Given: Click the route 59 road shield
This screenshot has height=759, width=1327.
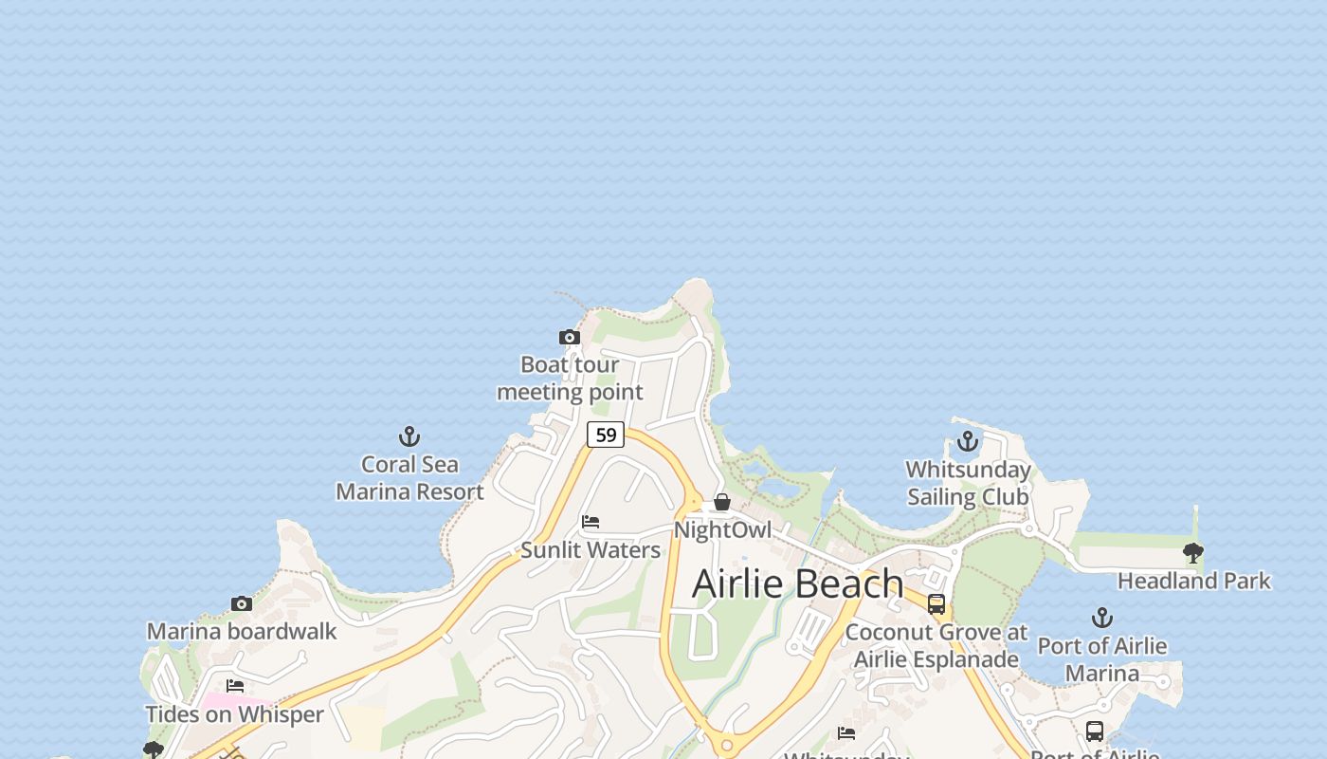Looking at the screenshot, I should point(606,435).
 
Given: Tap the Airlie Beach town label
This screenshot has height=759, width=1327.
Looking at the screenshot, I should point(797,583).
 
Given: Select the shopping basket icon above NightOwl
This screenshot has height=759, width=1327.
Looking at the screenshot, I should point(722,502).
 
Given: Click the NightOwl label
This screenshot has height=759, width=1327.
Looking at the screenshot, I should point(722,529).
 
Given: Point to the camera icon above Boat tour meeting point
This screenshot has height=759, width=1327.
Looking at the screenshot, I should point(569,337).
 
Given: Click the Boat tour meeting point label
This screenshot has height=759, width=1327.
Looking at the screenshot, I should point(570,379).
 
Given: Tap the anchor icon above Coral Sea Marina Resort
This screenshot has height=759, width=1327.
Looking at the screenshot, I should point(409,436).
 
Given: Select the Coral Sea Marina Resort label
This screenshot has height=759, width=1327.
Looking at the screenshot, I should point(409,478).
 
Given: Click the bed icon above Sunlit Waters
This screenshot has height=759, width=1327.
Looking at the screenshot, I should point(591,522).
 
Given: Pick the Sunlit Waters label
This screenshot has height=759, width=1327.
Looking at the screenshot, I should point(591,550).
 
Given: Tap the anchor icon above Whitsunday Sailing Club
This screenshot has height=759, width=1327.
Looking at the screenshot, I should point(968,441).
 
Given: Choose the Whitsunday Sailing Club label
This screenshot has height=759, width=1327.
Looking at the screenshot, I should point(968,483).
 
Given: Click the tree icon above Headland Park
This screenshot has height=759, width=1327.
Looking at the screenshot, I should point(1193,552).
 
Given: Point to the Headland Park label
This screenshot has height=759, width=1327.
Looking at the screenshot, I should point(1194,581).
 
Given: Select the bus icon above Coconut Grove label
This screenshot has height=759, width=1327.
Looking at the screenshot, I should point(936,604).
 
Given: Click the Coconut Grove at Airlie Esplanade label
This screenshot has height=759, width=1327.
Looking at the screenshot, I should point(936,645).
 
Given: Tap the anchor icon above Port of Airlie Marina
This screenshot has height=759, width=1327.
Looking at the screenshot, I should point(1101,619).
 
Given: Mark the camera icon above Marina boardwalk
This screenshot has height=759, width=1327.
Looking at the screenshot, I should point(242,603).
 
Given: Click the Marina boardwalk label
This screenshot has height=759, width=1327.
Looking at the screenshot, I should point(242,632).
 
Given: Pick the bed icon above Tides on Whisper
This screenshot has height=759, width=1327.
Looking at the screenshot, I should point(235,686).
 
